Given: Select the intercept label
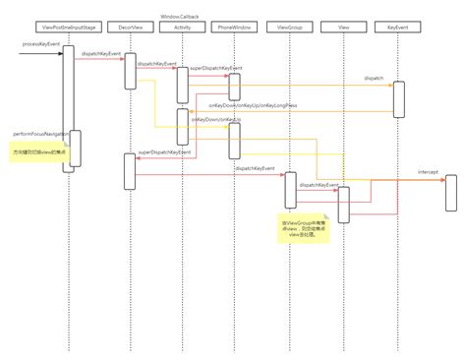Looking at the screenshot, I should tap(428, 171).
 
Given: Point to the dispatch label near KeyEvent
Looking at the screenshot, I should tap(375, 76).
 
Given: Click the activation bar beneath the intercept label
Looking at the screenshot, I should tap(451, 193).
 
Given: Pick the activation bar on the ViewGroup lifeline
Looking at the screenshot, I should tap(290, 190).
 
